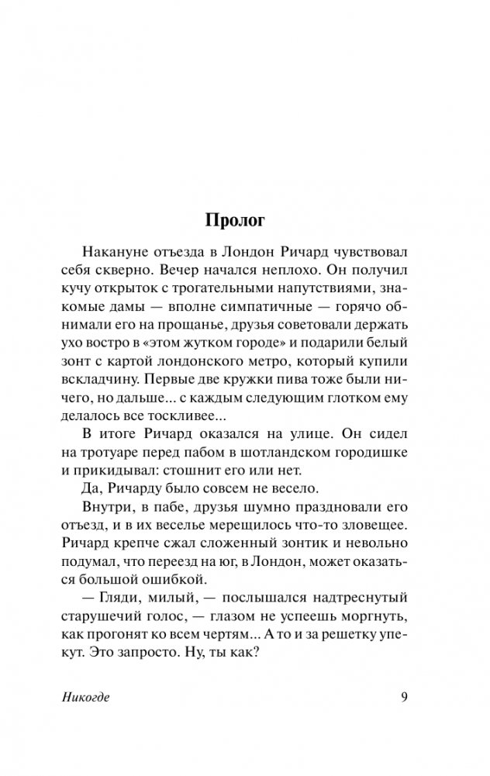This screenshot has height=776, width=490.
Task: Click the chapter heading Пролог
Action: [x=235, y=220]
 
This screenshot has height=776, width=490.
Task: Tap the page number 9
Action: [x=403, y=696]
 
